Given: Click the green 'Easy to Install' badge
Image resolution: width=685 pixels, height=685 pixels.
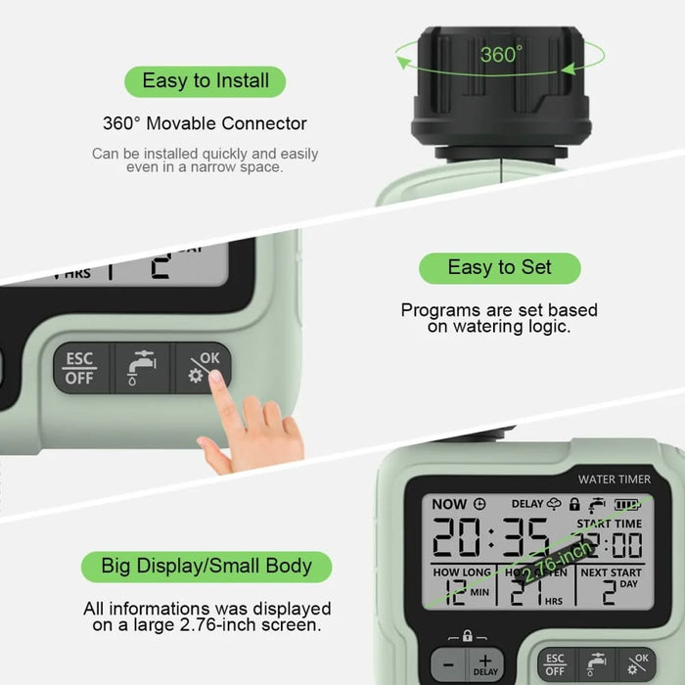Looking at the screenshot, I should [205, 80].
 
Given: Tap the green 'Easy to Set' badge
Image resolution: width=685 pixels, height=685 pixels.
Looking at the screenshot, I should [499, 267].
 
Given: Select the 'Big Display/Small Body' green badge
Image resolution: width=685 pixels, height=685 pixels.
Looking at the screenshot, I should [206, 566].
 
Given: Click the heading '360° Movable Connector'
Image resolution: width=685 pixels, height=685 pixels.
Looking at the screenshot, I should [205, 123].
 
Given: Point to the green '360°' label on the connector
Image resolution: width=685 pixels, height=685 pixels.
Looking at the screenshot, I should [501, 55].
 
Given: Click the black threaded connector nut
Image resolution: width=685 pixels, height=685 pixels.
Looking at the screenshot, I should [502, 93].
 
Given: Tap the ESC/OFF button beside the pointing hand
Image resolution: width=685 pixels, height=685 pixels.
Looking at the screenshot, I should [79, 368].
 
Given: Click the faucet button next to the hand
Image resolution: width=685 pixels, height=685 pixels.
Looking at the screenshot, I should [141, 369].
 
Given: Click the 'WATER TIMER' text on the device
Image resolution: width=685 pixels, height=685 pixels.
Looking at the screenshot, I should [613, 479].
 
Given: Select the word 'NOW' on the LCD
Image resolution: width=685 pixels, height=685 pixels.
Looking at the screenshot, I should [449, 504].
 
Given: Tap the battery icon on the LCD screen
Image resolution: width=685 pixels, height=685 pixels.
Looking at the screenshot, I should [627, 504].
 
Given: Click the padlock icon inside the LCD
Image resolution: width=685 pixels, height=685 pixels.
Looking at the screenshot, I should [574, 504].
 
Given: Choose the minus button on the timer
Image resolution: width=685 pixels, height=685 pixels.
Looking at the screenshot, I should [447, 664].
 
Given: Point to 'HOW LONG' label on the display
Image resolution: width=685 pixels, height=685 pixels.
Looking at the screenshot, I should [462, 572].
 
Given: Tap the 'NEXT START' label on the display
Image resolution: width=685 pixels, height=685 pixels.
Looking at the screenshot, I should [611, 572].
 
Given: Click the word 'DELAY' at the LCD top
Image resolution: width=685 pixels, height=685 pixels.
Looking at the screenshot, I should [527, 504].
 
